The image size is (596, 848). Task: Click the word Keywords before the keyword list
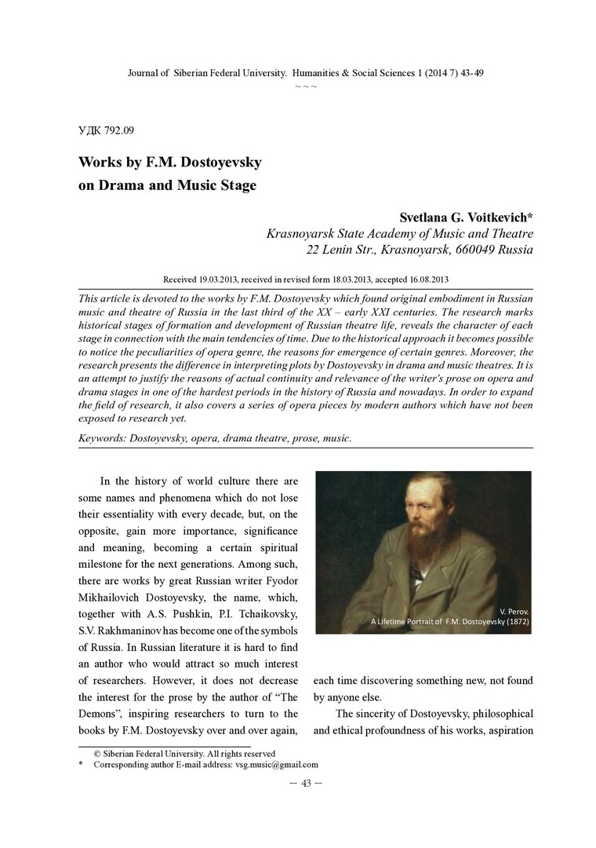click(x=106, y=438)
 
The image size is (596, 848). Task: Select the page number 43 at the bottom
click(x=306, y=783)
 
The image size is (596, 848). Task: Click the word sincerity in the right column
click(x=380, y=714)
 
